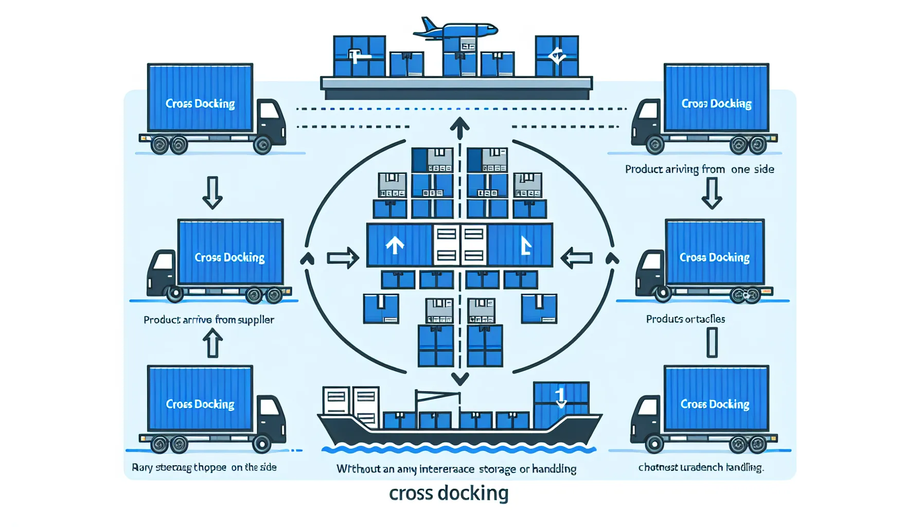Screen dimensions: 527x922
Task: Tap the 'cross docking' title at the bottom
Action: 449,493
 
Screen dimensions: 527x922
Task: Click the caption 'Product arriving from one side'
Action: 699,169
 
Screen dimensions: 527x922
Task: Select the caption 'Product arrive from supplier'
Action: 208,320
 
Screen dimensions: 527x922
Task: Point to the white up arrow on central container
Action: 395,245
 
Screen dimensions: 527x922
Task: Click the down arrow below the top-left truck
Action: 212,192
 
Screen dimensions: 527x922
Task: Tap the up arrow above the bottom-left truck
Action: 212,343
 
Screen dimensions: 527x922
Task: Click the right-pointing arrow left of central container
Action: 343,258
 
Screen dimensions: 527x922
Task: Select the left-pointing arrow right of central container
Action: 576,258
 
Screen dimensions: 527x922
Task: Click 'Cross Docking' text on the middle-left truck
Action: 229,257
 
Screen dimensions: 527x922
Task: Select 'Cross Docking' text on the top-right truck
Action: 716,104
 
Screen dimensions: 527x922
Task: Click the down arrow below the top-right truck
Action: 712,193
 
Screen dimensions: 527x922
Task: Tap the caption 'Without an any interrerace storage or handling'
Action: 456,469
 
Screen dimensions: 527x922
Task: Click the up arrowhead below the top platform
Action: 459,126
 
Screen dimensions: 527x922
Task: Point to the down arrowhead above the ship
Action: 459,379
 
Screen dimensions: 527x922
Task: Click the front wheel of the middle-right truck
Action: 663,293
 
